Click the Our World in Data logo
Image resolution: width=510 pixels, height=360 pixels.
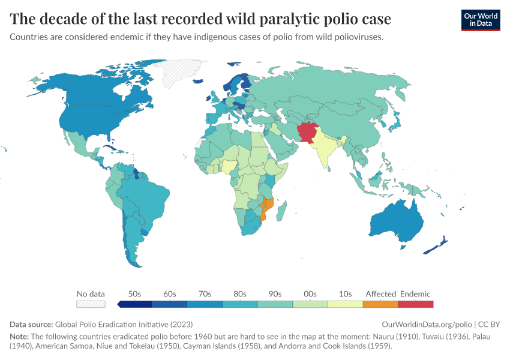(480, 20)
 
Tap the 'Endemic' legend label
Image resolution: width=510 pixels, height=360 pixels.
(415, 294)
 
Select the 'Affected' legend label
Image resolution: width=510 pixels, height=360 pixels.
(380, 294)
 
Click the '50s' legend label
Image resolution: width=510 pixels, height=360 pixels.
(135, 294)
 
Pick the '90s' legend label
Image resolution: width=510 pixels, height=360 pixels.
(275, 294)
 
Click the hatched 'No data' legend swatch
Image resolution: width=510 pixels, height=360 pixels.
(91, 304)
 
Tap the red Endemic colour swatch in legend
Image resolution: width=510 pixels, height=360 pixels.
(415, 304)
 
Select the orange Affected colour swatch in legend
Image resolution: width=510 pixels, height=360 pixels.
(380, 304)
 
